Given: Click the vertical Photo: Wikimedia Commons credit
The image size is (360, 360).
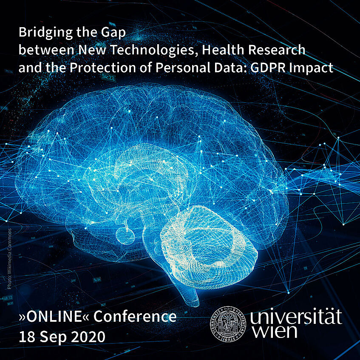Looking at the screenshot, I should (x=9, y=260).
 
